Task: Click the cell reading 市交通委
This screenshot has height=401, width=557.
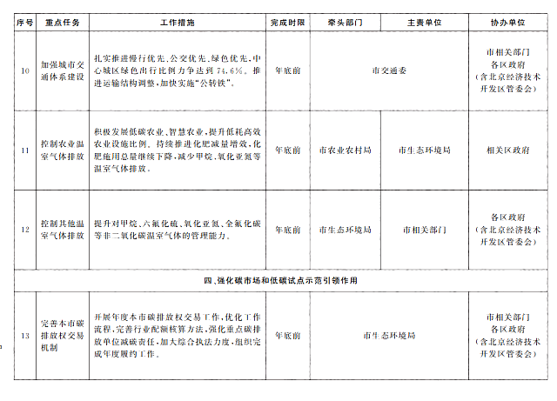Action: (x=388, y=68)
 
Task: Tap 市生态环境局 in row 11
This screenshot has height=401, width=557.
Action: (x=424, y=150)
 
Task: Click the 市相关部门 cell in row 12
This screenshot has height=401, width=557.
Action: (x=424, y=231)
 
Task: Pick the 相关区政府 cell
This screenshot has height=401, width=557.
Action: (x=508, y=150)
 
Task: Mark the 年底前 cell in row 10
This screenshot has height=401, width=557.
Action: (x=288, y=68)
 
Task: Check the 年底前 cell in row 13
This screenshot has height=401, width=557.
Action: (x=288, y=335)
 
